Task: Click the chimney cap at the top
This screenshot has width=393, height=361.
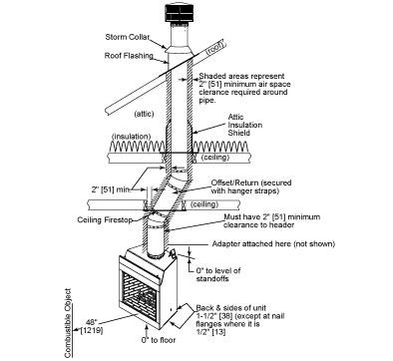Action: tap(180, 14)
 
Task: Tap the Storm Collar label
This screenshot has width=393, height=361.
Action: tap(128, 37)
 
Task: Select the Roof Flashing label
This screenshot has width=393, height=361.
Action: tap(129, 56)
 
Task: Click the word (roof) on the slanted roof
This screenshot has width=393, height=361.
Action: tap(215, 48)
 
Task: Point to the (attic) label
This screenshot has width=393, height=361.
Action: tap(144, 114)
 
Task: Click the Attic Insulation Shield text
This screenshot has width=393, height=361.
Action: tap(245, 125)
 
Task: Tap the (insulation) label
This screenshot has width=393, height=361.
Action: tap(132, 137)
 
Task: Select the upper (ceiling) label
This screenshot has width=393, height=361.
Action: tap(215, 157)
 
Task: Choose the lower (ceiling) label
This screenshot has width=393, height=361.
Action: tap(204, 203)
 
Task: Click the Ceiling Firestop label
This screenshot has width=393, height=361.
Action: tap(105, 219)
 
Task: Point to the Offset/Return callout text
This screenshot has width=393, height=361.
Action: tap(251, 186)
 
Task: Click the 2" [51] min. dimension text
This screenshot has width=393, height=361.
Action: tap(111, 189)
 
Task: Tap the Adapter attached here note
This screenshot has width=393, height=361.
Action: tap(273, 244)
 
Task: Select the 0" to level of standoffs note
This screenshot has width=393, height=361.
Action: tap(218, 274)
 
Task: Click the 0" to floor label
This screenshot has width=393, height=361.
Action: tap(159, 340)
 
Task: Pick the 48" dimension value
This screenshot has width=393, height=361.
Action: tap(91, 322)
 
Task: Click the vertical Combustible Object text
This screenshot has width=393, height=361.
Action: tap(68, 323)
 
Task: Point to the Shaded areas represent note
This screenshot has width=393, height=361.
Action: tap(244, 88)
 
